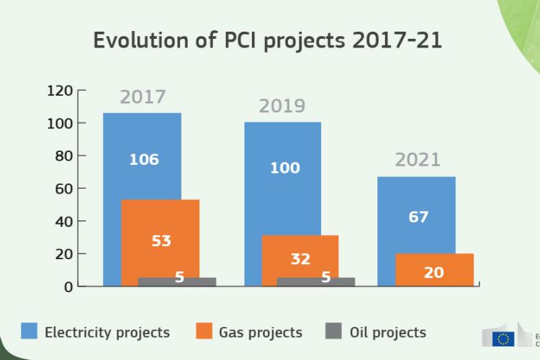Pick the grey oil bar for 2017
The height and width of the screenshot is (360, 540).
tap(158, 282)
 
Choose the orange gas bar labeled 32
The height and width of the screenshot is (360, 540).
tap(300, 252)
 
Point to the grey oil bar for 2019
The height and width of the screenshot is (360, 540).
tap(302, 282)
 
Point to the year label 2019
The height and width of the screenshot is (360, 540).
tap(282, 107)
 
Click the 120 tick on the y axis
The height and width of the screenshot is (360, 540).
tap(60, 91)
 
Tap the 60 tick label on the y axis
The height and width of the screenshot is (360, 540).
tap(63, 189)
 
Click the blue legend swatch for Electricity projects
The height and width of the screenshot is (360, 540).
tap(29, 331)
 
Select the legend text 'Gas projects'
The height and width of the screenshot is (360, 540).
tap(261, 332)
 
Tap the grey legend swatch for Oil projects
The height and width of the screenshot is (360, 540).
tap(333, 331)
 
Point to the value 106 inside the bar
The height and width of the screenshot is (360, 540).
tap(144, 159)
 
